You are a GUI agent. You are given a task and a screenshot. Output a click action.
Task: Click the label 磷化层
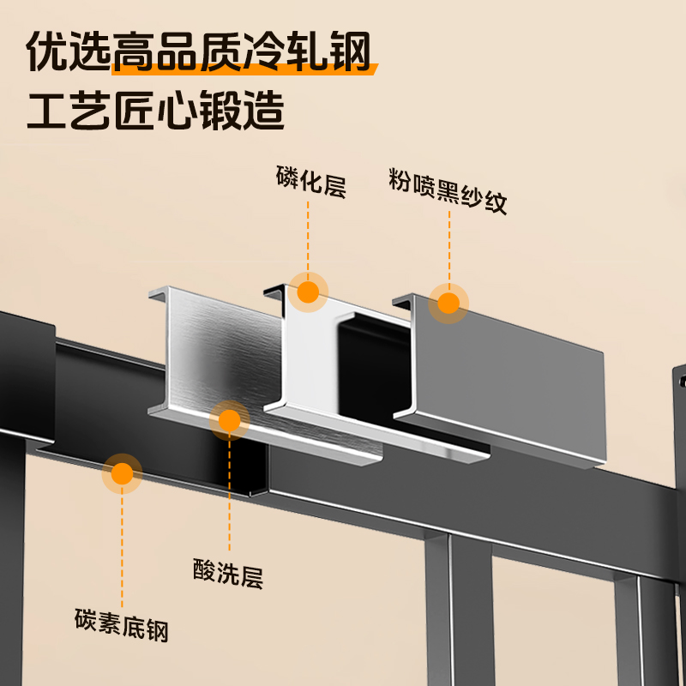pyautogui.click(x=310, y=183)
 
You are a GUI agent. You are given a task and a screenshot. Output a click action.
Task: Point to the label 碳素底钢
pyautogui.click(x=122, y=624)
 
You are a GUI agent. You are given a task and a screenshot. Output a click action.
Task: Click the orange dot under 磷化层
pyautogui.click(x=308, y=292)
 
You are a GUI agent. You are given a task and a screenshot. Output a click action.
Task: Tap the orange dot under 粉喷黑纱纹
pyautogui.click(x=448, y=303)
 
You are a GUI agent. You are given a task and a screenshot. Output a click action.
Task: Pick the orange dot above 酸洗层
pyautogui.click(x=229, y=420)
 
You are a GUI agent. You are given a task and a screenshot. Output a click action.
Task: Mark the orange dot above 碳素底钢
pyautogui.click(x=123, y=472)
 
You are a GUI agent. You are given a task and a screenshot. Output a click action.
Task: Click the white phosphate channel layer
pyautogui.click(x=304, y=352)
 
